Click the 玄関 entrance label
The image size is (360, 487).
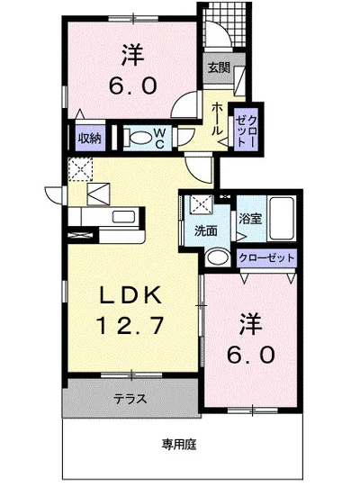[219, 68]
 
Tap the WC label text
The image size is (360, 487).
[159, 139]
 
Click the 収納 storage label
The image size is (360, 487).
[89, 138]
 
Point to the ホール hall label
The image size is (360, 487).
[217, 119]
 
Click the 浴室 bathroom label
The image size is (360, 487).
[250, 219]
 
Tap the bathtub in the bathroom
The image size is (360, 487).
[282, 218]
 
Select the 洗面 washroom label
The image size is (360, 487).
[205, 231]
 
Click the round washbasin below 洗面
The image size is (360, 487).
[218, 257]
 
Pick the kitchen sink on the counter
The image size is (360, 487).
[123, 216]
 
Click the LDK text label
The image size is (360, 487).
[130, 295]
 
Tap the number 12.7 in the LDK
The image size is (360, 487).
[130, 325]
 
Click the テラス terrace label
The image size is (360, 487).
[130, 399]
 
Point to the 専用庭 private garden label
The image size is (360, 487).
[179, 445]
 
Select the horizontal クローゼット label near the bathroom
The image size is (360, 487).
[266, 257]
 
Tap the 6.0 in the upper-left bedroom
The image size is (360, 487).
[132, 86]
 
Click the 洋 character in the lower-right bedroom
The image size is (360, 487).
[250, 325]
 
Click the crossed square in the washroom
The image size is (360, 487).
[202, 204]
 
